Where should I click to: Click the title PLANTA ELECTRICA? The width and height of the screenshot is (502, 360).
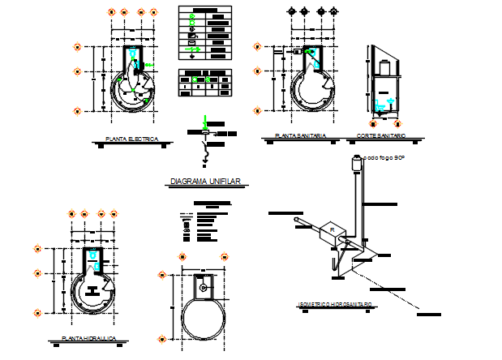tap(131, 139)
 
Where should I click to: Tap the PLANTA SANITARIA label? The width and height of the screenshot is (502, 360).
tap(300, 136)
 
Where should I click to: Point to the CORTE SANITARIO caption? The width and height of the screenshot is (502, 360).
tap(381, 136)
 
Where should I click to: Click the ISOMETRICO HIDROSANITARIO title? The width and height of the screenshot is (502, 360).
tap(335, 305)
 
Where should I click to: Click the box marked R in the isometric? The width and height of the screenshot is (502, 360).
tap(332, 231)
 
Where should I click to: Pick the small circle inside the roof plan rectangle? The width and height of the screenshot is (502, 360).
tap(202, 285)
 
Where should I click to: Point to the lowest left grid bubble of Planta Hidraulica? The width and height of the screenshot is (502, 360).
tap(37, 311)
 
